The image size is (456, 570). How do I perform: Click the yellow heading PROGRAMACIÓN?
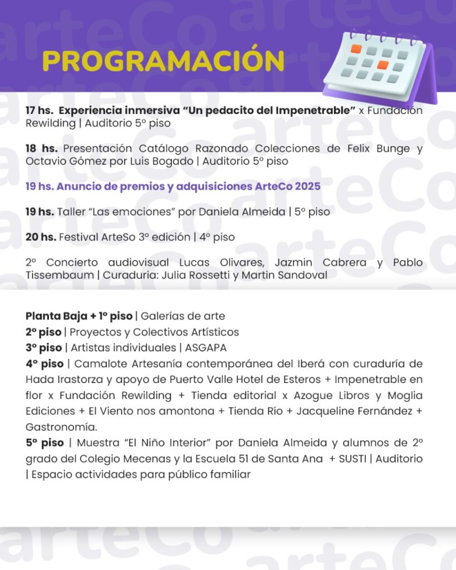click(x=163, y=61)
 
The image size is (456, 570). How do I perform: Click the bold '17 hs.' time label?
click(x=38, y=111)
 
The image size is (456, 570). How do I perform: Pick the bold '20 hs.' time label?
click(x=41, y=237)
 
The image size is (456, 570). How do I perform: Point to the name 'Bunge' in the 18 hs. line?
click(x=393, y=149)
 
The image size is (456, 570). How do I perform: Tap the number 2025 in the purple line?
click(x=307, y=186)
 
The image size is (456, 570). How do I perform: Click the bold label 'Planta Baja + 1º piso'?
click(x=79, y=316)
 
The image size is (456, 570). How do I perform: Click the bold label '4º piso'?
click(x=44, y=364)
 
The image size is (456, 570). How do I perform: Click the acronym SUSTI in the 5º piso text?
click(x=355, y=459)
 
